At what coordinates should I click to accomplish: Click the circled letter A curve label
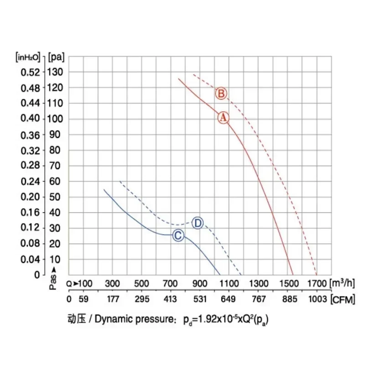pyautogui.click(x=223, y=117)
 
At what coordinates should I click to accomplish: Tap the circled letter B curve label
pyautogui.click(x=221, y=94)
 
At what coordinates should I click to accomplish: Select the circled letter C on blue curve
pyautogui.click(x=178, y=235)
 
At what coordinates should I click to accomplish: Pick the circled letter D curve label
pyautogui.click(x=198, y=223)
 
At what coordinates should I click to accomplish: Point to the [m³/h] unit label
pyautogui.click(x=342, y=283)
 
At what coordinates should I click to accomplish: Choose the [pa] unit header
pyautogui.click(x=56, y=57)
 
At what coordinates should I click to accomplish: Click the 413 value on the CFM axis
pyautogui.click(x=171, y=299)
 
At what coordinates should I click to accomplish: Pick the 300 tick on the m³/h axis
pyautogui.click(x=113, y=284)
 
